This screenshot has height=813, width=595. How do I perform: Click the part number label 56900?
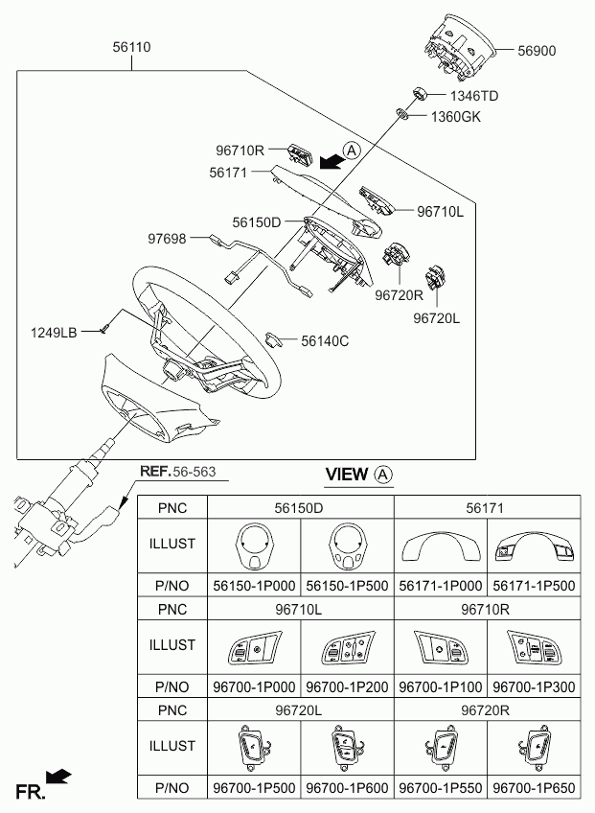coord(538,50)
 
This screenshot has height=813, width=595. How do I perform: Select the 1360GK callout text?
coord(455,117)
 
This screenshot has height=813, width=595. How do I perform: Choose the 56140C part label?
coord(325,339)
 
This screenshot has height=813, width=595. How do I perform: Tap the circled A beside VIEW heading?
coord(382,474)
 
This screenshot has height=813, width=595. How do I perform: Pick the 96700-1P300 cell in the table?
coord(534,686)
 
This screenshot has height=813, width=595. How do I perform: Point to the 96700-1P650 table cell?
coord(534,788)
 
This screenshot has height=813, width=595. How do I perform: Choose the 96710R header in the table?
coord(488,608)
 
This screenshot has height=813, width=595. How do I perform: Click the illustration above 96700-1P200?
coord(347,647)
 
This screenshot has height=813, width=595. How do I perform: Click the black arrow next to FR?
coord(58,777)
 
